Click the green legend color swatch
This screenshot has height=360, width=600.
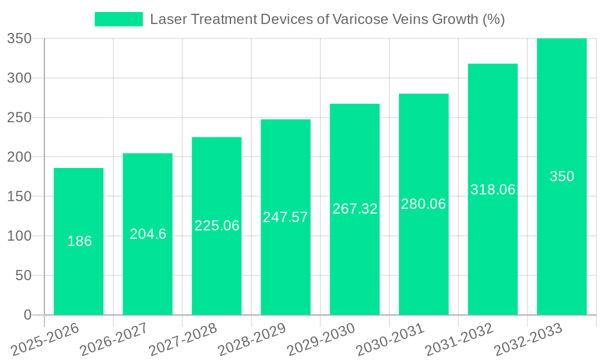pyautogui.click(x=118, y=19)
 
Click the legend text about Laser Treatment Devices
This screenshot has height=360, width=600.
pyautogui.click(x=327, y=19)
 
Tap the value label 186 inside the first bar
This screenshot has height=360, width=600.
pyautogui.click(x=79, y=241)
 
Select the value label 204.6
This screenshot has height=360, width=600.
pyautogui.click(x=148, y=234)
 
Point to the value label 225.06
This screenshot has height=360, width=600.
pyautogui.click(x=217, y=226)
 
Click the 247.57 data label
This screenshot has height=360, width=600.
pyautogui.click(x=286, y=217)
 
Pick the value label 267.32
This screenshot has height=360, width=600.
pyautogui.click(x=355, y=209)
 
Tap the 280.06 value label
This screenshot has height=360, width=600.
pyautogui.click(x=424, y=204)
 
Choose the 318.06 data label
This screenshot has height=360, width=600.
pyautogui.click(x=493, y=190)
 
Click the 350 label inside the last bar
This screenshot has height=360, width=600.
pyautogui.click(x=562, y=176)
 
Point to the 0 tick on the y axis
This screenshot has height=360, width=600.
pyautogui.click(x=27, y=315)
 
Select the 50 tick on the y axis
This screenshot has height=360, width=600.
pyautogui.click(x=23, y=275)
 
